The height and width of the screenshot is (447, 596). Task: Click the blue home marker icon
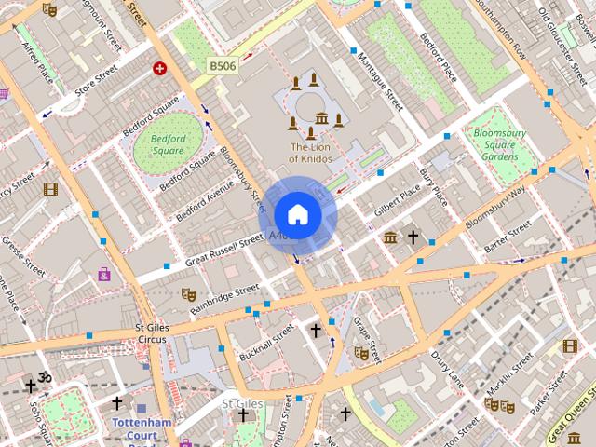coord(297,215)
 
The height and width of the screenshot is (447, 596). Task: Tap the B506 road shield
coord(222,66)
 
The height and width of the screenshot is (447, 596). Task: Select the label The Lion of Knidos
coord(323,153)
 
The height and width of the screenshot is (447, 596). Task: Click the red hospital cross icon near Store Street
coord(160,68)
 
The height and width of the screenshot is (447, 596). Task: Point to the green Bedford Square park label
coord(167,144)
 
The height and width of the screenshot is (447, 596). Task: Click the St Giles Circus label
coord(150,333)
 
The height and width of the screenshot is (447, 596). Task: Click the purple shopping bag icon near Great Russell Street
coord(104,275)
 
